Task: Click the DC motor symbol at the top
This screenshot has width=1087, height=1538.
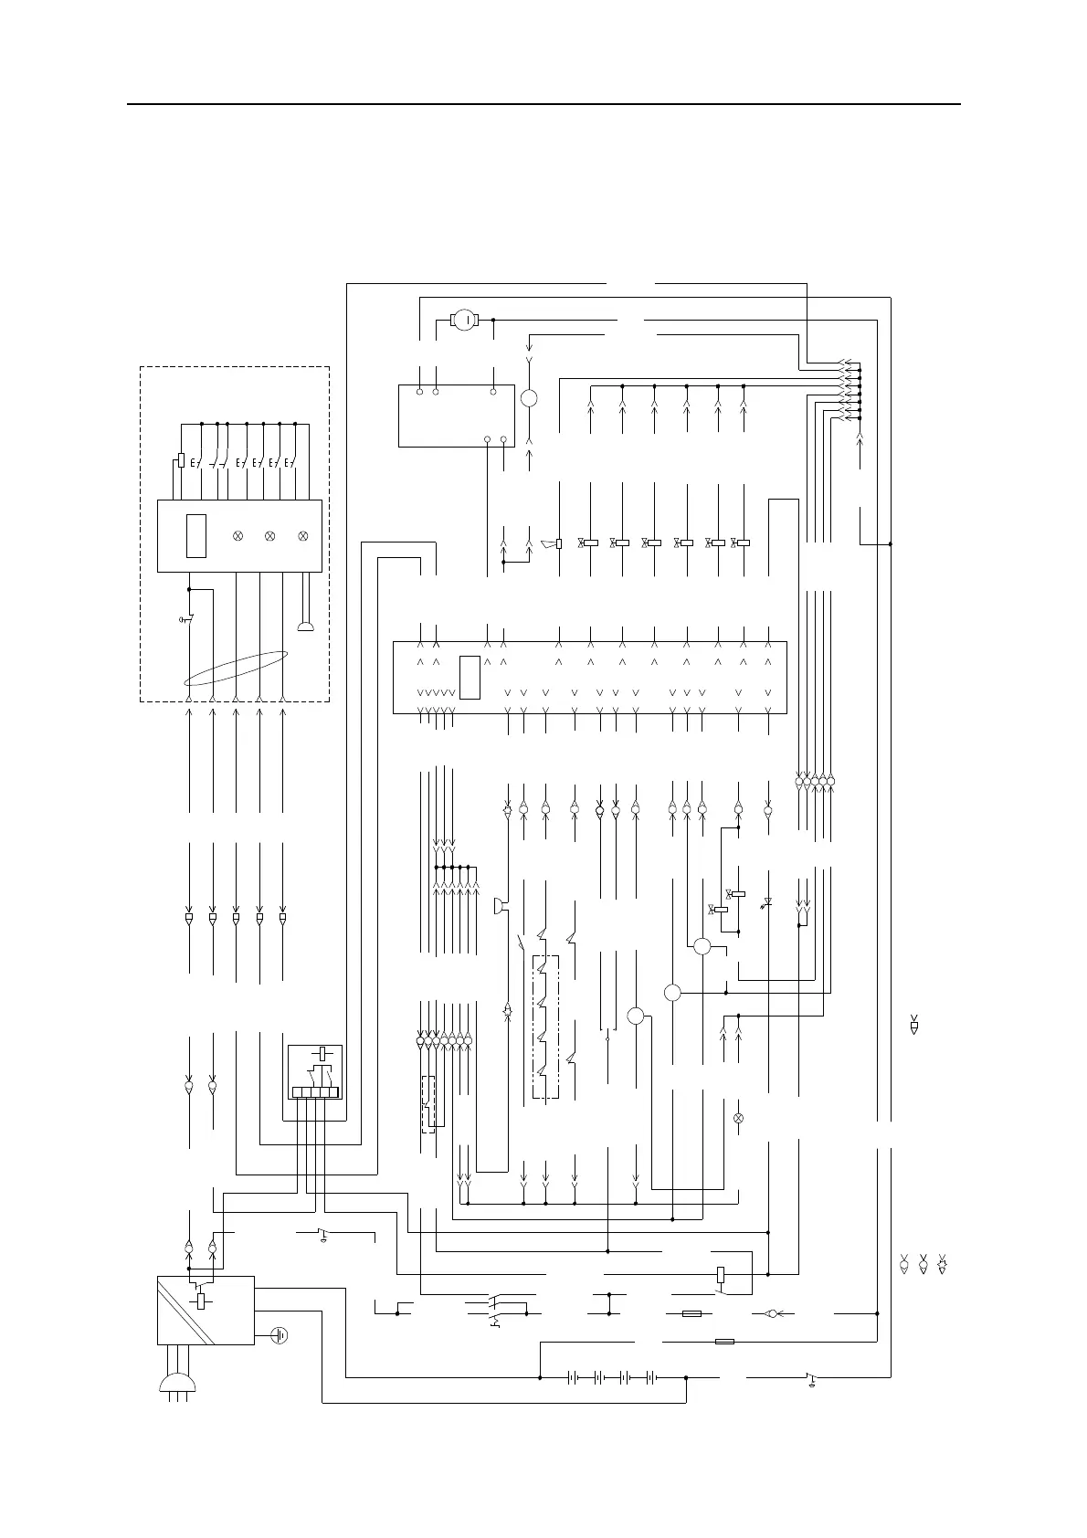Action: coord(465,320)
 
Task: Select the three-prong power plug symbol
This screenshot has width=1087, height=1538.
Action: coord(176,1385)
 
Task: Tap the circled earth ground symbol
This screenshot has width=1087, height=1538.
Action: coord(280,1335)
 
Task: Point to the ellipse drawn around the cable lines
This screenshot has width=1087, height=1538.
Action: coord(237,668)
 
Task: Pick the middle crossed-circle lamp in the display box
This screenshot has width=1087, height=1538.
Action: coord(269,535)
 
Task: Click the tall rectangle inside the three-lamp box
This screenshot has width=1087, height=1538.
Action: coord(195,535)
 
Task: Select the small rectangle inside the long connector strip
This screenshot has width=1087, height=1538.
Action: coord(470,677)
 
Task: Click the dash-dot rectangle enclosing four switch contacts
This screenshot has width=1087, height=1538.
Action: coord(545,1027)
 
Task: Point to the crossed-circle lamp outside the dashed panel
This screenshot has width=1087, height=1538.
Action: coord(739,1118)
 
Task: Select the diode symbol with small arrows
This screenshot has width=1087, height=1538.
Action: coord(767,903)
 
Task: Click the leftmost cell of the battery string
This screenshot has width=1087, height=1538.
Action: coord(574,1377)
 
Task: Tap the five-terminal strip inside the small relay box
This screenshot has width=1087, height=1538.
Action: coord(315,1091)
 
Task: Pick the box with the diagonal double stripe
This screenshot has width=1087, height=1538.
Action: coord(206,1310)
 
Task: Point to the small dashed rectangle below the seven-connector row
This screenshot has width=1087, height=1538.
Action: coord(427,1104)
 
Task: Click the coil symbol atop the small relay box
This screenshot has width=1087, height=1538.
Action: coord(320,1053)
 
